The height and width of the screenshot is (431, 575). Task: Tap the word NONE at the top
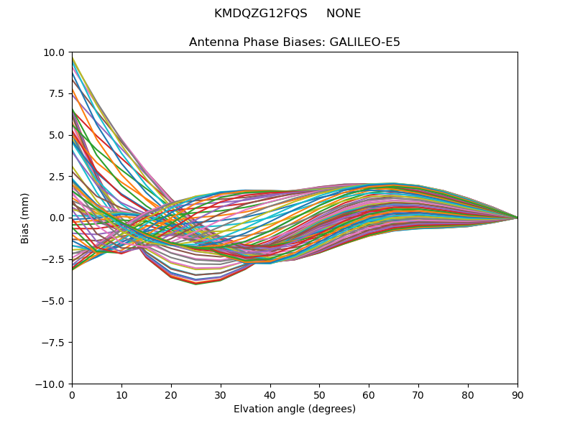click(344, 14)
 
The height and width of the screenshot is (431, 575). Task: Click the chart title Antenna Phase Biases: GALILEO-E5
click(295, 42)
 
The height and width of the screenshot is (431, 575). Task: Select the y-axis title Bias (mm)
click(25, 218)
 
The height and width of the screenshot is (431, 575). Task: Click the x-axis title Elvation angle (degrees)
click(295, 409)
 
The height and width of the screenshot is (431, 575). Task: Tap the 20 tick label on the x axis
click(171, 395)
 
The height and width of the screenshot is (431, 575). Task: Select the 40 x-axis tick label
click(270, 395)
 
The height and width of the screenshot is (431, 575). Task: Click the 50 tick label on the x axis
click(319, 395)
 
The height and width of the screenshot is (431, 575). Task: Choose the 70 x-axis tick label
click(418, 395)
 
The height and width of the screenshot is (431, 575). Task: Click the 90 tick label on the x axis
click(517, 395)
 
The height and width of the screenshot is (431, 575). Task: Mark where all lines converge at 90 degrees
click(517, 218)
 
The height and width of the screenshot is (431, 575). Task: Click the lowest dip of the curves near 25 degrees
click(195, 284)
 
